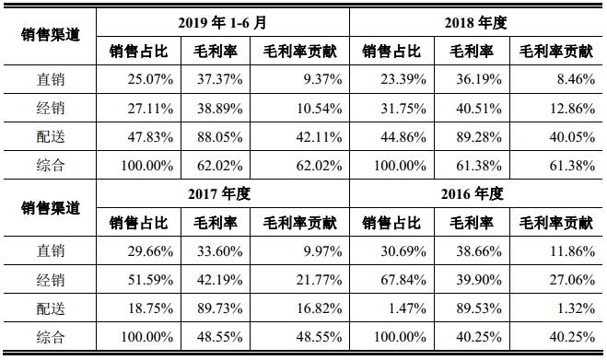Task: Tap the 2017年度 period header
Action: coord(221,194)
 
